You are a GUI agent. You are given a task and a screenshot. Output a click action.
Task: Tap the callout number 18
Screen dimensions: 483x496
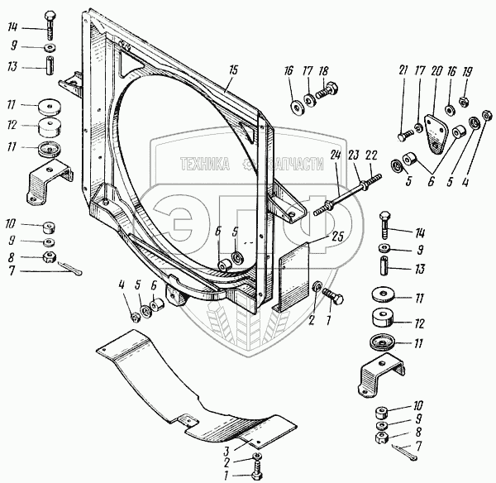323,72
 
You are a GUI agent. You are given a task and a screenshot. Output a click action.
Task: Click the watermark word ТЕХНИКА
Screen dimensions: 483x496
198,165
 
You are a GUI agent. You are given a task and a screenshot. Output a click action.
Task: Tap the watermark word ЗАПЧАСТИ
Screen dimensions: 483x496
289,165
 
